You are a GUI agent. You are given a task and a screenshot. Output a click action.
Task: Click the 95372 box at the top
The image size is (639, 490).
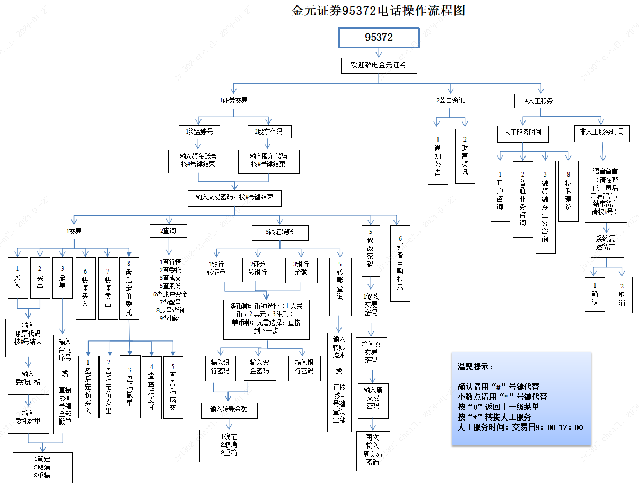point(379,38)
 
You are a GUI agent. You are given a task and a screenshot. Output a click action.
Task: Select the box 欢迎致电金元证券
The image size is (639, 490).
point(379,65)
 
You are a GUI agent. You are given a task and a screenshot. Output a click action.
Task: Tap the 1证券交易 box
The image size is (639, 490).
point(233,100)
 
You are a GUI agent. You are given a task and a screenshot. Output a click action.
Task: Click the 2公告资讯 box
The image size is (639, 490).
point(451,100)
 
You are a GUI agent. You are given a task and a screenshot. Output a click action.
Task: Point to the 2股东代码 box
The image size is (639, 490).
point(268,132)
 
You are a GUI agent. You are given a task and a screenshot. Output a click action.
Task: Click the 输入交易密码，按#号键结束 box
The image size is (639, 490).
point(234,197)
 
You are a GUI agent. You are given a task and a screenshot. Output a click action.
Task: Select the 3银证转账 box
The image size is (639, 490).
point(280,232)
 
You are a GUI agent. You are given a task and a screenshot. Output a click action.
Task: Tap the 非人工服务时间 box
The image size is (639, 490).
point(602,132)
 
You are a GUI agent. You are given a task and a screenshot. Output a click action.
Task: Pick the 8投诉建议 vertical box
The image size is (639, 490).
point(568,190)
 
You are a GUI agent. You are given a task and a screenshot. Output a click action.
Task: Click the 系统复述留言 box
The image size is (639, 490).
point(607,244)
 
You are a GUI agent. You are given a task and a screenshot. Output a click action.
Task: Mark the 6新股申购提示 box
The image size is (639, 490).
point(400,263)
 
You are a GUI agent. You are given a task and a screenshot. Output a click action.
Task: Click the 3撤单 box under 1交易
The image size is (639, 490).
point(63,277)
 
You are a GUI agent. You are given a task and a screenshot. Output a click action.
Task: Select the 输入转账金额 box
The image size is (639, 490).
point(229,410)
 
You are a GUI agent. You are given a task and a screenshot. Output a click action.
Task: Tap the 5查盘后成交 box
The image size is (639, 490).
point(173,387)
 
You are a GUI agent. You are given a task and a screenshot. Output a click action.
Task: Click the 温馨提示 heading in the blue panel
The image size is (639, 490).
point(475,367)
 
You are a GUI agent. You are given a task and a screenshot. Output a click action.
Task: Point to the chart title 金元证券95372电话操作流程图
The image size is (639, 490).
point(378,11)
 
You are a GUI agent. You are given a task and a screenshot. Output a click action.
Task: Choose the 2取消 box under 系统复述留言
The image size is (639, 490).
point(622,295)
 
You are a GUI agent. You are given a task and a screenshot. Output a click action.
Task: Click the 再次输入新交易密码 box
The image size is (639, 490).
point(373,450)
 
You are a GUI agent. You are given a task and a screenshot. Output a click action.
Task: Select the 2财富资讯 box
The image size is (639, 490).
point(465,156)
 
